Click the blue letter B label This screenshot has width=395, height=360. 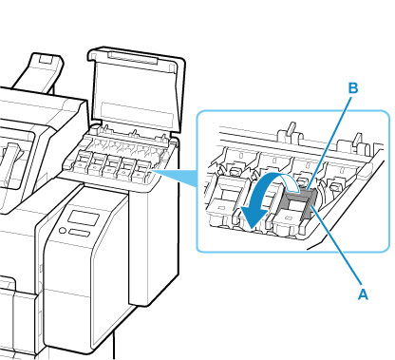tap(353, 88)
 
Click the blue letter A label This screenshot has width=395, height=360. tap(363, 294)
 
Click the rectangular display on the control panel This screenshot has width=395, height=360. tap(84, 218)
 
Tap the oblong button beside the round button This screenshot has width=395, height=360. tap(79, 234)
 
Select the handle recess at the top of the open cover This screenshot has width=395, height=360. tap(133, 57)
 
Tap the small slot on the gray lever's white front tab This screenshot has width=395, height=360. tap(289, 218)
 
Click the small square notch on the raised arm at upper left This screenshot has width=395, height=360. tap(45, 59)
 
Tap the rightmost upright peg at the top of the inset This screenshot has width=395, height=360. tap(358, 139)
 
